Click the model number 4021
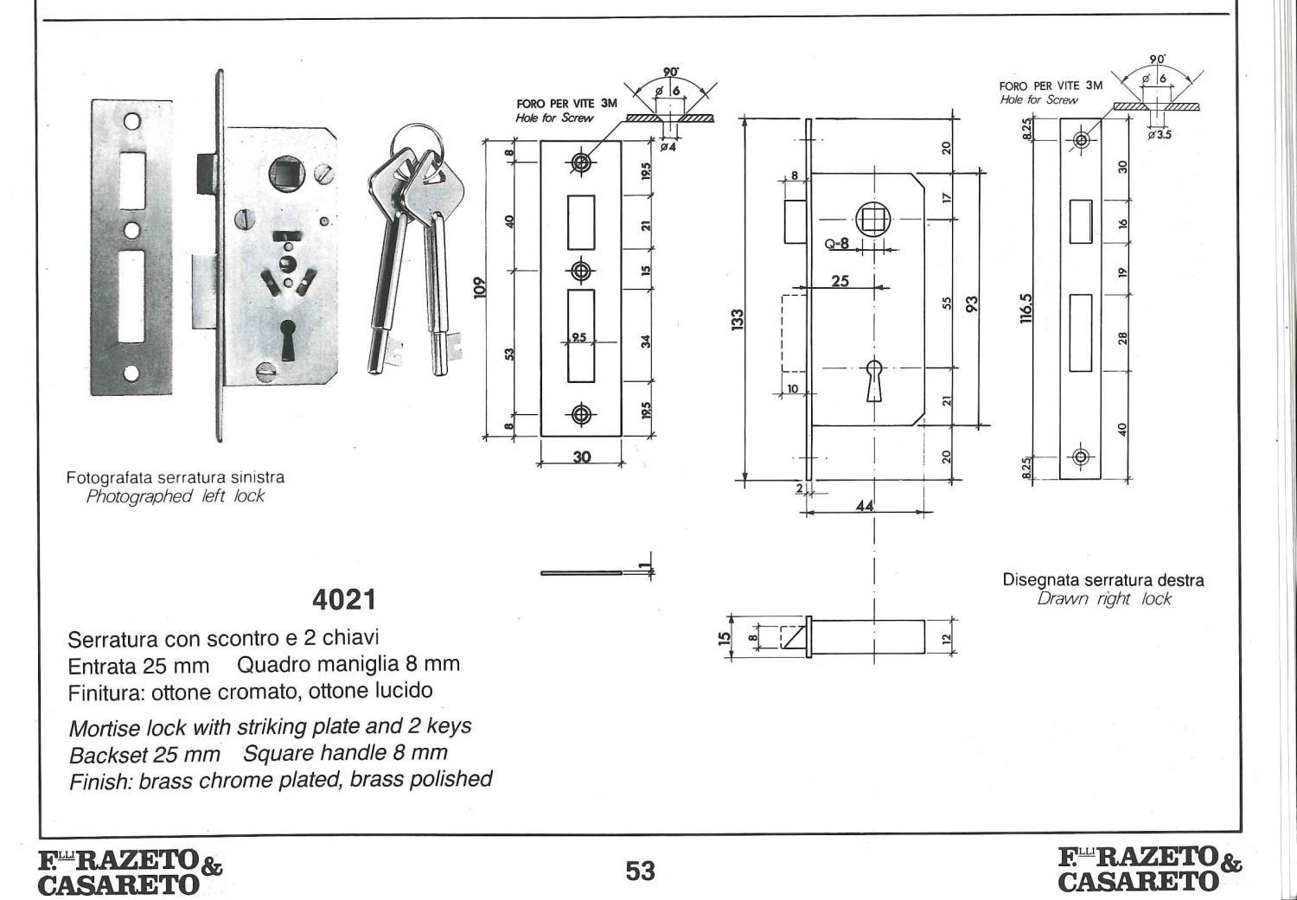click(344, 600)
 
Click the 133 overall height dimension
click(737, 320)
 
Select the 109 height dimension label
click(480, 288)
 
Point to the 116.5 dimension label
click(1026, 309)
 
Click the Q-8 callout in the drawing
click(837, 245)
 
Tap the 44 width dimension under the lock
click(865, 505)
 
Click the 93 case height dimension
click(972, 303)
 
